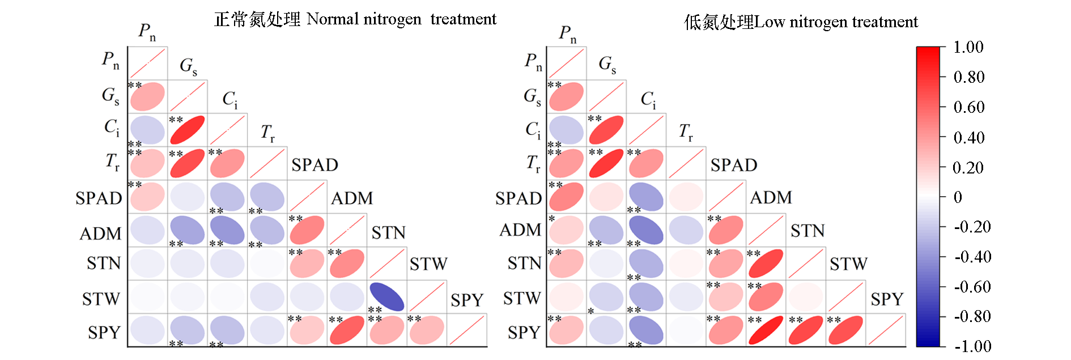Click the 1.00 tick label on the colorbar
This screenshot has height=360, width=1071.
click(x=968, y=47)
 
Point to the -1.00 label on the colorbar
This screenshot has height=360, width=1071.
click(x=972, y=346)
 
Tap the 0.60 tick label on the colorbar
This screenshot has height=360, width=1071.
click(x=968, y=107)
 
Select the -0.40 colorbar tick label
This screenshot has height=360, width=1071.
click(x=972, y=257)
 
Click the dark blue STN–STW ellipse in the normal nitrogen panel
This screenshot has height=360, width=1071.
click(x=387, y=297)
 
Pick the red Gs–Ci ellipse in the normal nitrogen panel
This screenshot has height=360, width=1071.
click(x=188, y=130)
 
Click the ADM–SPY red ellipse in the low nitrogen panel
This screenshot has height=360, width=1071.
click(x=766, y=331)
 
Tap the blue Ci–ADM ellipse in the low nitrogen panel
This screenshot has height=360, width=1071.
click(x=646, y=230)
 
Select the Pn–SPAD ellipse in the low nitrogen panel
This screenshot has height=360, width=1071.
click(x=566, y=197)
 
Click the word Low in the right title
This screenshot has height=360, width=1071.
click(x=770, y=22)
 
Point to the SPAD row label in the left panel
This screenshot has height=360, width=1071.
click(x=99, y=198)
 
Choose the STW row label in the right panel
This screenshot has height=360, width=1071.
click(x=521, y=298)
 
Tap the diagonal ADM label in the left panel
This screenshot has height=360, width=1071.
click(x=352, y=198)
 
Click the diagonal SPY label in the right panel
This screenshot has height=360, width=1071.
click(x=886, y=299)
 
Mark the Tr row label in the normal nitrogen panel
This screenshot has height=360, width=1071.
click(x=112, y=162)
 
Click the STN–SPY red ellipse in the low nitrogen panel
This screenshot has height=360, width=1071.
click(x=805, y=331)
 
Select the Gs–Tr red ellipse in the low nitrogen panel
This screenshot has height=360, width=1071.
click(x=606, y=164)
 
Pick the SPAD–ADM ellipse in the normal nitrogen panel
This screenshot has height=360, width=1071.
click(x=307, y=230)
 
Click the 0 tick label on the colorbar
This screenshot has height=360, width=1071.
click(x=958, y=197)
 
